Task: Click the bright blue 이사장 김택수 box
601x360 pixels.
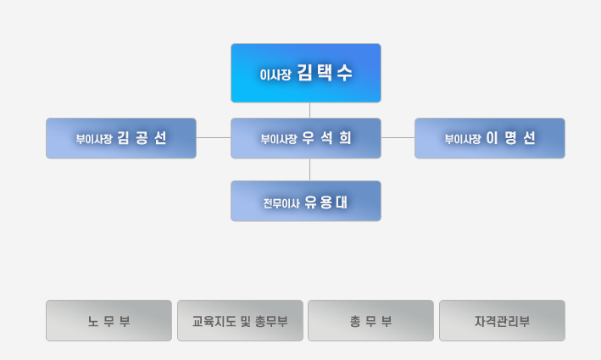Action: [306, 73]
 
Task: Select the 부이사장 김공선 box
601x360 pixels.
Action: [121, 138]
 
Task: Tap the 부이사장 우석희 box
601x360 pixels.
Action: [306, 138]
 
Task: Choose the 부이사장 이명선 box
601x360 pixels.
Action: [490, 138]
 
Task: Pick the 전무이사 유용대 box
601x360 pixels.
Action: [306, 201]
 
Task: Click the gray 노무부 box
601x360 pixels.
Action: [109, 320]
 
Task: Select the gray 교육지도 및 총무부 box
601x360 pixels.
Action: [240, 320]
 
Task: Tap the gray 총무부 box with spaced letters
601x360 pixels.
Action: [370, 320]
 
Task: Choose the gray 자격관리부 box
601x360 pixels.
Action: [502, 320]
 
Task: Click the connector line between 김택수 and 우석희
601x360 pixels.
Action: [309, 110]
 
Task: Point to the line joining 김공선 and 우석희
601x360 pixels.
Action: [214, 137]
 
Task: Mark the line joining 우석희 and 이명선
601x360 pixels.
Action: [398, 137]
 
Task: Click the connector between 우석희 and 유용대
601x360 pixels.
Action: [309, 169]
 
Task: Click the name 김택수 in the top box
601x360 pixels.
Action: [325, 73]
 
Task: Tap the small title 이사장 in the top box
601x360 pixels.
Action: [275, 75]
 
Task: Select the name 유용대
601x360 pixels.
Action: [326, 202]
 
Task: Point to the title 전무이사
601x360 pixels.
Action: [281, 203]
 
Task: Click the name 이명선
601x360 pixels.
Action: [510, 138]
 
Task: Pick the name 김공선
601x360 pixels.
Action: [142, 138]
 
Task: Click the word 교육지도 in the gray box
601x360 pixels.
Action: [214, 321]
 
